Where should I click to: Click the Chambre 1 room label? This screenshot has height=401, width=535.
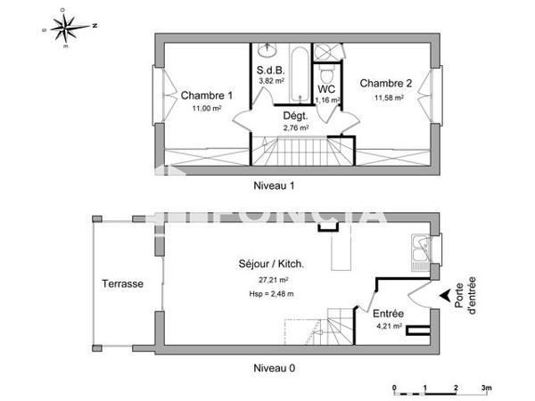207,96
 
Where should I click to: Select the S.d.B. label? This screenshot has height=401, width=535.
270,69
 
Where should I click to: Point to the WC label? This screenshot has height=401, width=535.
325,89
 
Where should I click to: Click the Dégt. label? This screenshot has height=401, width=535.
295,116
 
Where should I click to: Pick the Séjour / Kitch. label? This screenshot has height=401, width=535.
272,264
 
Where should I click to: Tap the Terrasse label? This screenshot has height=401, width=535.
122,284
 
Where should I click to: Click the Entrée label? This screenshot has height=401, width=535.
389,314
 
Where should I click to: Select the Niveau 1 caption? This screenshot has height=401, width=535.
273,186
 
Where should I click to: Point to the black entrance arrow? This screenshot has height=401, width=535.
443,295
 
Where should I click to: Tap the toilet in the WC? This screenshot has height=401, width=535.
328,68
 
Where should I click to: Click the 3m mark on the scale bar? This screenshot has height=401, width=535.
485,388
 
